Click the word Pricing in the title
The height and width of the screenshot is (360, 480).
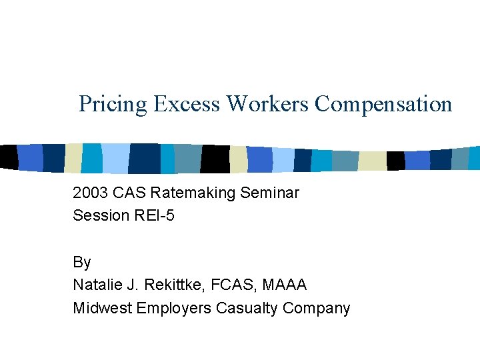point(113,104)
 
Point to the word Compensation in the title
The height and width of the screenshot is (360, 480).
point(384,104)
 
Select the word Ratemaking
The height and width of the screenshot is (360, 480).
point(194,193)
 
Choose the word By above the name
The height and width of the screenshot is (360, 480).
point(81,262)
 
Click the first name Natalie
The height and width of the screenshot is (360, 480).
point(96,285)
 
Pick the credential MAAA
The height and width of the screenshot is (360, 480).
point(285,285)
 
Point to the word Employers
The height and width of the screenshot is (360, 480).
point(174,308)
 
